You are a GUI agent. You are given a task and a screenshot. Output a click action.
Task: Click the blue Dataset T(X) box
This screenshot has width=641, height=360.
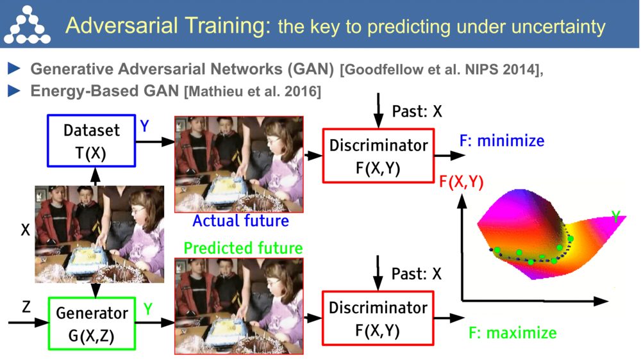coord(92,140)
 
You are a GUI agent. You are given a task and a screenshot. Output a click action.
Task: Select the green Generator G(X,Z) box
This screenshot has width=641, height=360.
coord(92,323)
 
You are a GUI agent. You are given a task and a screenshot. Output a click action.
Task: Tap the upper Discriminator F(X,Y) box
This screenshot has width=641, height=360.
coord(378,155)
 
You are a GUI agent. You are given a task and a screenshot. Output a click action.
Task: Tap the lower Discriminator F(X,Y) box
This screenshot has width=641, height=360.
coord(378,317)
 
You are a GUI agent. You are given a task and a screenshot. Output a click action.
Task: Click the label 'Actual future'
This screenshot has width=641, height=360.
coord(240,222)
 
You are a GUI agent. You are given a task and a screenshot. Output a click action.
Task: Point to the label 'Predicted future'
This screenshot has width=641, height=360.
coord(243,248)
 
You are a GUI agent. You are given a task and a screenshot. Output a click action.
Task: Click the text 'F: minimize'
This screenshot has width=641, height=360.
coord(501,141)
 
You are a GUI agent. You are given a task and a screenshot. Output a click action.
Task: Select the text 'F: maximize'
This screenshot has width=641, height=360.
coord(512,333)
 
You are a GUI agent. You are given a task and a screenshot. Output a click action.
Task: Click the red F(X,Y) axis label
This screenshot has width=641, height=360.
coord(461,182)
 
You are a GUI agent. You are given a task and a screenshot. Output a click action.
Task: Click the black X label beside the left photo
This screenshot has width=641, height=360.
coord(25,229)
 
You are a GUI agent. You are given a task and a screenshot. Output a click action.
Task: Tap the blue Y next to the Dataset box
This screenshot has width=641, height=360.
coord(145,126)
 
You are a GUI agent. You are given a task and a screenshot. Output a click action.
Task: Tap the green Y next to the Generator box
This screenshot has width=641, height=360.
coord(148,309)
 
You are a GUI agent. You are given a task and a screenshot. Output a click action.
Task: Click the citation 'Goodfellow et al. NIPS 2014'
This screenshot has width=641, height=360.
coord(440,70)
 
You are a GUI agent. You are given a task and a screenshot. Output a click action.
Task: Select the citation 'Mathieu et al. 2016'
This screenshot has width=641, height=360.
coord(252,92)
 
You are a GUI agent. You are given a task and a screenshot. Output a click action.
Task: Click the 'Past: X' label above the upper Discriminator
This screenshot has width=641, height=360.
coord(417,111)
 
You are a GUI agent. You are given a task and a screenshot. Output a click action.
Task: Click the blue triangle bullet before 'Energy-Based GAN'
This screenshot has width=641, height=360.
coord(14,91)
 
